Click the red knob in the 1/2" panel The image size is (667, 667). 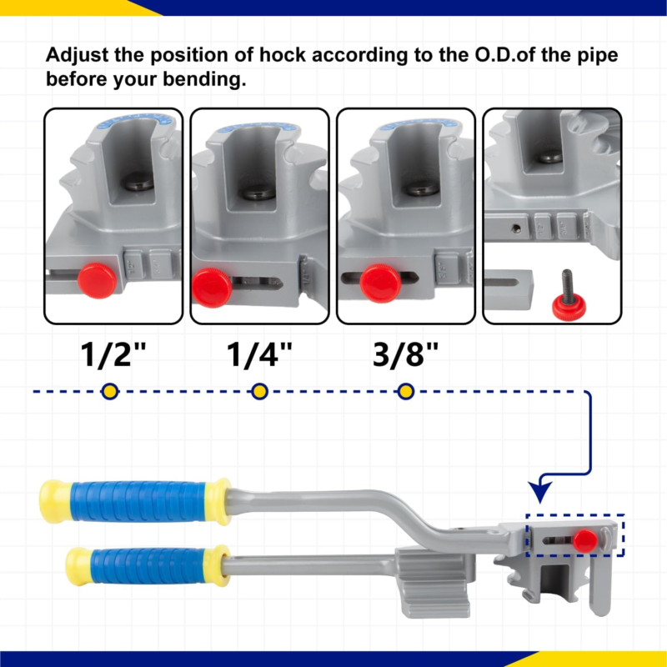(97, 280)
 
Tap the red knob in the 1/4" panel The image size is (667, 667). (212, 288)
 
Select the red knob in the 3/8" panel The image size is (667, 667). (380, 283)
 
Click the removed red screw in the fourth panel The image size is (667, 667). (569, 296)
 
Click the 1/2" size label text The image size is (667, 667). (113, 354)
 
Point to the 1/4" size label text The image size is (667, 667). (259, 354)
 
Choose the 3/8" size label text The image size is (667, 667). (405, 354)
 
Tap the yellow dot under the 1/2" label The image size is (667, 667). (110, 391)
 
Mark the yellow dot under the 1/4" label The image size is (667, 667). (259, 391)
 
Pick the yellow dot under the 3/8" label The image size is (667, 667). (406, 391)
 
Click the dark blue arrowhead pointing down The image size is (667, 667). (540, 491)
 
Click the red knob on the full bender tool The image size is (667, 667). (585, 540)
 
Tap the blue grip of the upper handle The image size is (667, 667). (138, 502)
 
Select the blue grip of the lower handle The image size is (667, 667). (149, 566)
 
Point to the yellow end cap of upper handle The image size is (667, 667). (54, 502)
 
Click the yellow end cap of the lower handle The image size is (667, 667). (78, 566)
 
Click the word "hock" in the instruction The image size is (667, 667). (283, 55)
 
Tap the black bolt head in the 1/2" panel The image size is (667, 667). (137, 181)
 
